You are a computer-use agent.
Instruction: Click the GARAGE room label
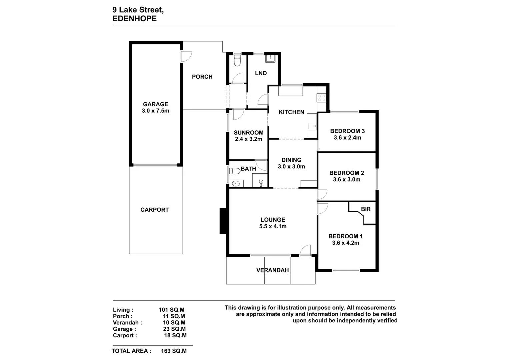click(x=155, y=104)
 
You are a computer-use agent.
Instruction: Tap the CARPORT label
click(x=155, y=210)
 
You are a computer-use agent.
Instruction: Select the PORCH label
click(x=202, y=77)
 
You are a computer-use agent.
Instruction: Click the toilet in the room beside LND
click(x=237, y=60)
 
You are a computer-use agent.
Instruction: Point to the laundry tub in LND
click(x=270, y=58)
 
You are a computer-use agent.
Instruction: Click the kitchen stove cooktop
click(x=322, y=98)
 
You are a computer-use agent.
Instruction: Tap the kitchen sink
click(x=312, y=125)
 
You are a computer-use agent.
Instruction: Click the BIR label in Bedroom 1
click(x=366, y=209)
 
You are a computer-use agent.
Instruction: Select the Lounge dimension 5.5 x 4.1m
click(x=273, y=226)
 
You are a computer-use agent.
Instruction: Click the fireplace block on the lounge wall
click(x=223, y=221)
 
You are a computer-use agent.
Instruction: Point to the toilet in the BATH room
click(x=235, y=171)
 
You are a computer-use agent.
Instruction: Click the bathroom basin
click(x=236, y=183)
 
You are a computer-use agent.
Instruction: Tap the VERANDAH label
click(x=272, y=270)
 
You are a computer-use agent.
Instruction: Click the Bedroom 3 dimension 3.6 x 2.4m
click(x=347, y=137)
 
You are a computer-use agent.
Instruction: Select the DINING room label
click(x=291, y=160)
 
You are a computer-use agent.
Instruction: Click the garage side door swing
click(x=187, y=57)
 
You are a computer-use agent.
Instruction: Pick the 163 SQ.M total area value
click(x=174, y=351)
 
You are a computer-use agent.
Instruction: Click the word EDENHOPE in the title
click(x=135, y=18)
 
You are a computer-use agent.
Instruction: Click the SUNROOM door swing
click(x=239, y=114)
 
